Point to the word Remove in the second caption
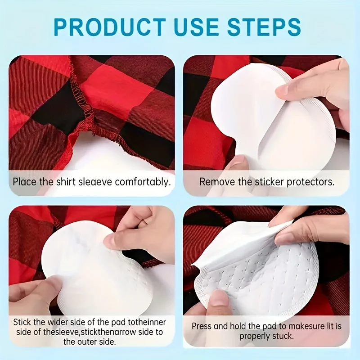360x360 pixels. (x=214, y=182)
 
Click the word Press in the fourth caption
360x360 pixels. (x=202, y=326)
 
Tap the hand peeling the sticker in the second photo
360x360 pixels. (x=315, y=90)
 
